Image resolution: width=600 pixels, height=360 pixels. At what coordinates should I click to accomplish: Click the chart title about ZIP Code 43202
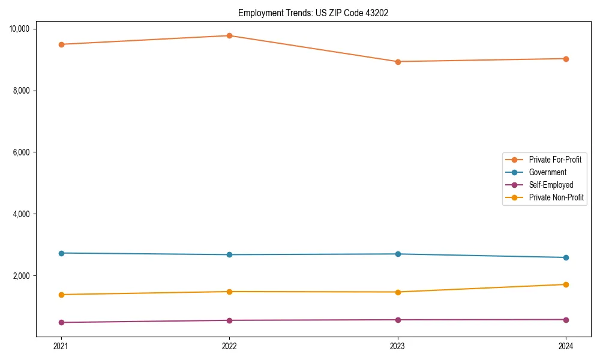coord(313,13)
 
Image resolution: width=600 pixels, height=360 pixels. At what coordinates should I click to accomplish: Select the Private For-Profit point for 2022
coord(229,35)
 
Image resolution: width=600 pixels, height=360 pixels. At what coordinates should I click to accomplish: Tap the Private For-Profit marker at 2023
coord(398,61)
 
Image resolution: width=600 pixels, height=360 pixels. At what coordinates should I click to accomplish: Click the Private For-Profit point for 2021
coord(61,44)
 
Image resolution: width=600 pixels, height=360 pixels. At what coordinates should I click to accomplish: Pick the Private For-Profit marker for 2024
coord(566,59)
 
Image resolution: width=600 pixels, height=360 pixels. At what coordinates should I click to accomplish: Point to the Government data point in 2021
coord(61,253)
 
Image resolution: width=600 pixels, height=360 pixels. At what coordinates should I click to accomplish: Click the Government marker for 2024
coord(566,257)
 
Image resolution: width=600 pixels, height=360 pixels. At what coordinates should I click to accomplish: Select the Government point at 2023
coord(398,254)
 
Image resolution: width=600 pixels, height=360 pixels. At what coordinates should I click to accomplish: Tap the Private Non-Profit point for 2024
coord(566,284)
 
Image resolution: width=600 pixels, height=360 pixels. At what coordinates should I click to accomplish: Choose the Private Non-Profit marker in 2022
coord(229,292)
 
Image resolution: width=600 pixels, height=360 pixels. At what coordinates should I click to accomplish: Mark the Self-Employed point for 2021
coord(61,322)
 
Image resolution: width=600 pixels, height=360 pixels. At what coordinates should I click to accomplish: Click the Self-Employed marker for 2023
coord(398,320)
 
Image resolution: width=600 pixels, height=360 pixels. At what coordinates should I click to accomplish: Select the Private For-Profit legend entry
coord(554,160)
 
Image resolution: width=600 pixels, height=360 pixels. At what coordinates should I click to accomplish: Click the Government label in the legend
coord(547,172)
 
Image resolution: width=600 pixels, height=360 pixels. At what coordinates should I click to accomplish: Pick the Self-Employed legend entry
coord(551,185)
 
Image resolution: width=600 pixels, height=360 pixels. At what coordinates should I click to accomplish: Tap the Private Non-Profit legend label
coord(556,197)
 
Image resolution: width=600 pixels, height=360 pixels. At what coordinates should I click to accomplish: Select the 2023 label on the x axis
coord(398,346)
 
